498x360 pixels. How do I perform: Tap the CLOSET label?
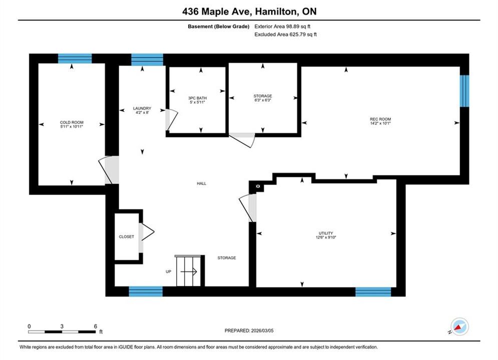[127, 236]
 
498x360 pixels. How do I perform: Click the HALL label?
[201, 183]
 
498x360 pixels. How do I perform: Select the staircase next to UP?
[189, 271]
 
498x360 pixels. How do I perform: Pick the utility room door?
[248, 208]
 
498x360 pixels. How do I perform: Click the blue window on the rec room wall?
[464, 91]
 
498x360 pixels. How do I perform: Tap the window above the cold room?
[75, 58]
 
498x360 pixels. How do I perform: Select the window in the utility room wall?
[373, 292]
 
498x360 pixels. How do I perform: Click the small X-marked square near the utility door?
[258, 186]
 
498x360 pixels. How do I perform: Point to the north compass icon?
[459, 326]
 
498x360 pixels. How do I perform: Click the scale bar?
[62, 332]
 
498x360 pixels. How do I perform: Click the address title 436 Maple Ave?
[217, 11]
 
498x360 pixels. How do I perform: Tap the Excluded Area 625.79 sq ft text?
[285, 34]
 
